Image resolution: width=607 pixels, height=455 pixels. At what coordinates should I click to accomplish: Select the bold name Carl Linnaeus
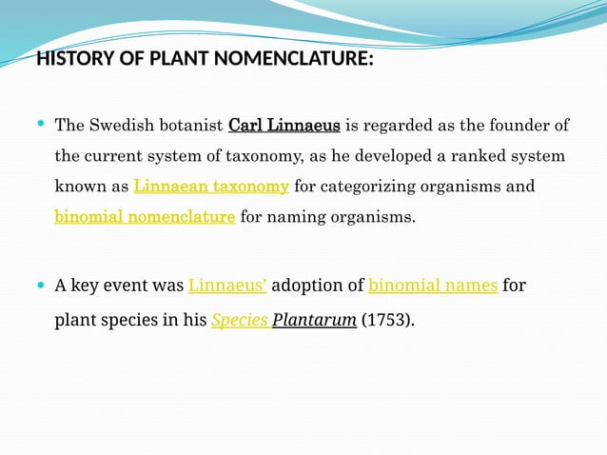(x=284, y=126)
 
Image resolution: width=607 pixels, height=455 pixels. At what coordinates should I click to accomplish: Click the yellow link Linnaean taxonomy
(x=211, y=187)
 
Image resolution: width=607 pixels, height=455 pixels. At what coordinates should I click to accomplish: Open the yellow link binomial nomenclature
(x=145, y=217)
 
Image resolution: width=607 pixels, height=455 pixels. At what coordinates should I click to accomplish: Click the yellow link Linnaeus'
(x=227, y=285)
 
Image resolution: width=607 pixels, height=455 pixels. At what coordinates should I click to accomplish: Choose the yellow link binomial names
(x=433, y=285)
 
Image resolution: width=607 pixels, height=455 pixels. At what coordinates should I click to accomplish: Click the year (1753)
(x=387, y=320)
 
